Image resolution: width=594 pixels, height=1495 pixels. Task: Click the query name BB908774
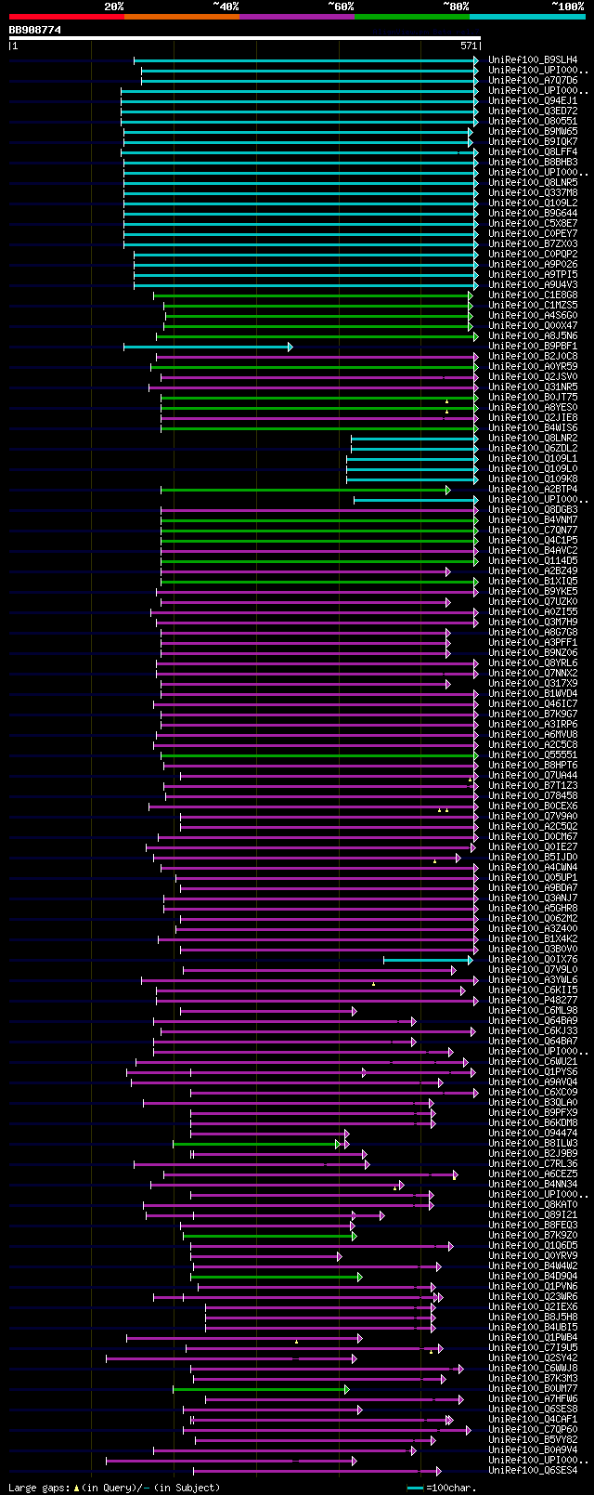pyautogui.click(x=35, y=30)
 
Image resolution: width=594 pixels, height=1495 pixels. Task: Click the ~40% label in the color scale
pyautogui.click(x=226, y=7)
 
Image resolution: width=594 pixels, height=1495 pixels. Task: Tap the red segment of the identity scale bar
pyautogui.click(x=66, y=17)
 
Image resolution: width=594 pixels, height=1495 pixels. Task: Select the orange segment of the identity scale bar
pyautogui.click(x=181, y=17)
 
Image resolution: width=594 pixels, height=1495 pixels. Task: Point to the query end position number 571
pyautogui.click(x=469, y=46)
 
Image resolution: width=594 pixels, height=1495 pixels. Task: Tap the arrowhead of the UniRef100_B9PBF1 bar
pyautogui.click(x=290, y=347)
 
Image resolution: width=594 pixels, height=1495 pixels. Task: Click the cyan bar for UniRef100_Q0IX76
pyautogui.click(x=427, y=960)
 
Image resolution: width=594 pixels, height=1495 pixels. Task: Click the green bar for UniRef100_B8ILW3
pyautogui.click(x=255, y=1144)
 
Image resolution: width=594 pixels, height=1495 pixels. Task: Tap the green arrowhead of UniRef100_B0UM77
pyautogui.click(x=346, y=1389)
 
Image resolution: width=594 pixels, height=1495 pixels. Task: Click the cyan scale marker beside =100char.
pyautogui.click(x=415, y=1488)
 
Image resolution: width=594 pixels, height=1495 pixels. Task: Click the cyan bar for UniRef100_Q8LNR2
pyautogui.click(x=413, y=439)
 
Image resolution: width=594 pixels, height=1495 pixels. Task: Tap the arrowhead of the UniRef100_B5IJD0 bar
pyautogui.click(x=458, y=858)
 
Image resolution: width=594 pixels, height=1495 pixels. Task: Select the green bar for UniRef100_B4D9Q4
pyautogui.click(x=275, y=1277)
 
